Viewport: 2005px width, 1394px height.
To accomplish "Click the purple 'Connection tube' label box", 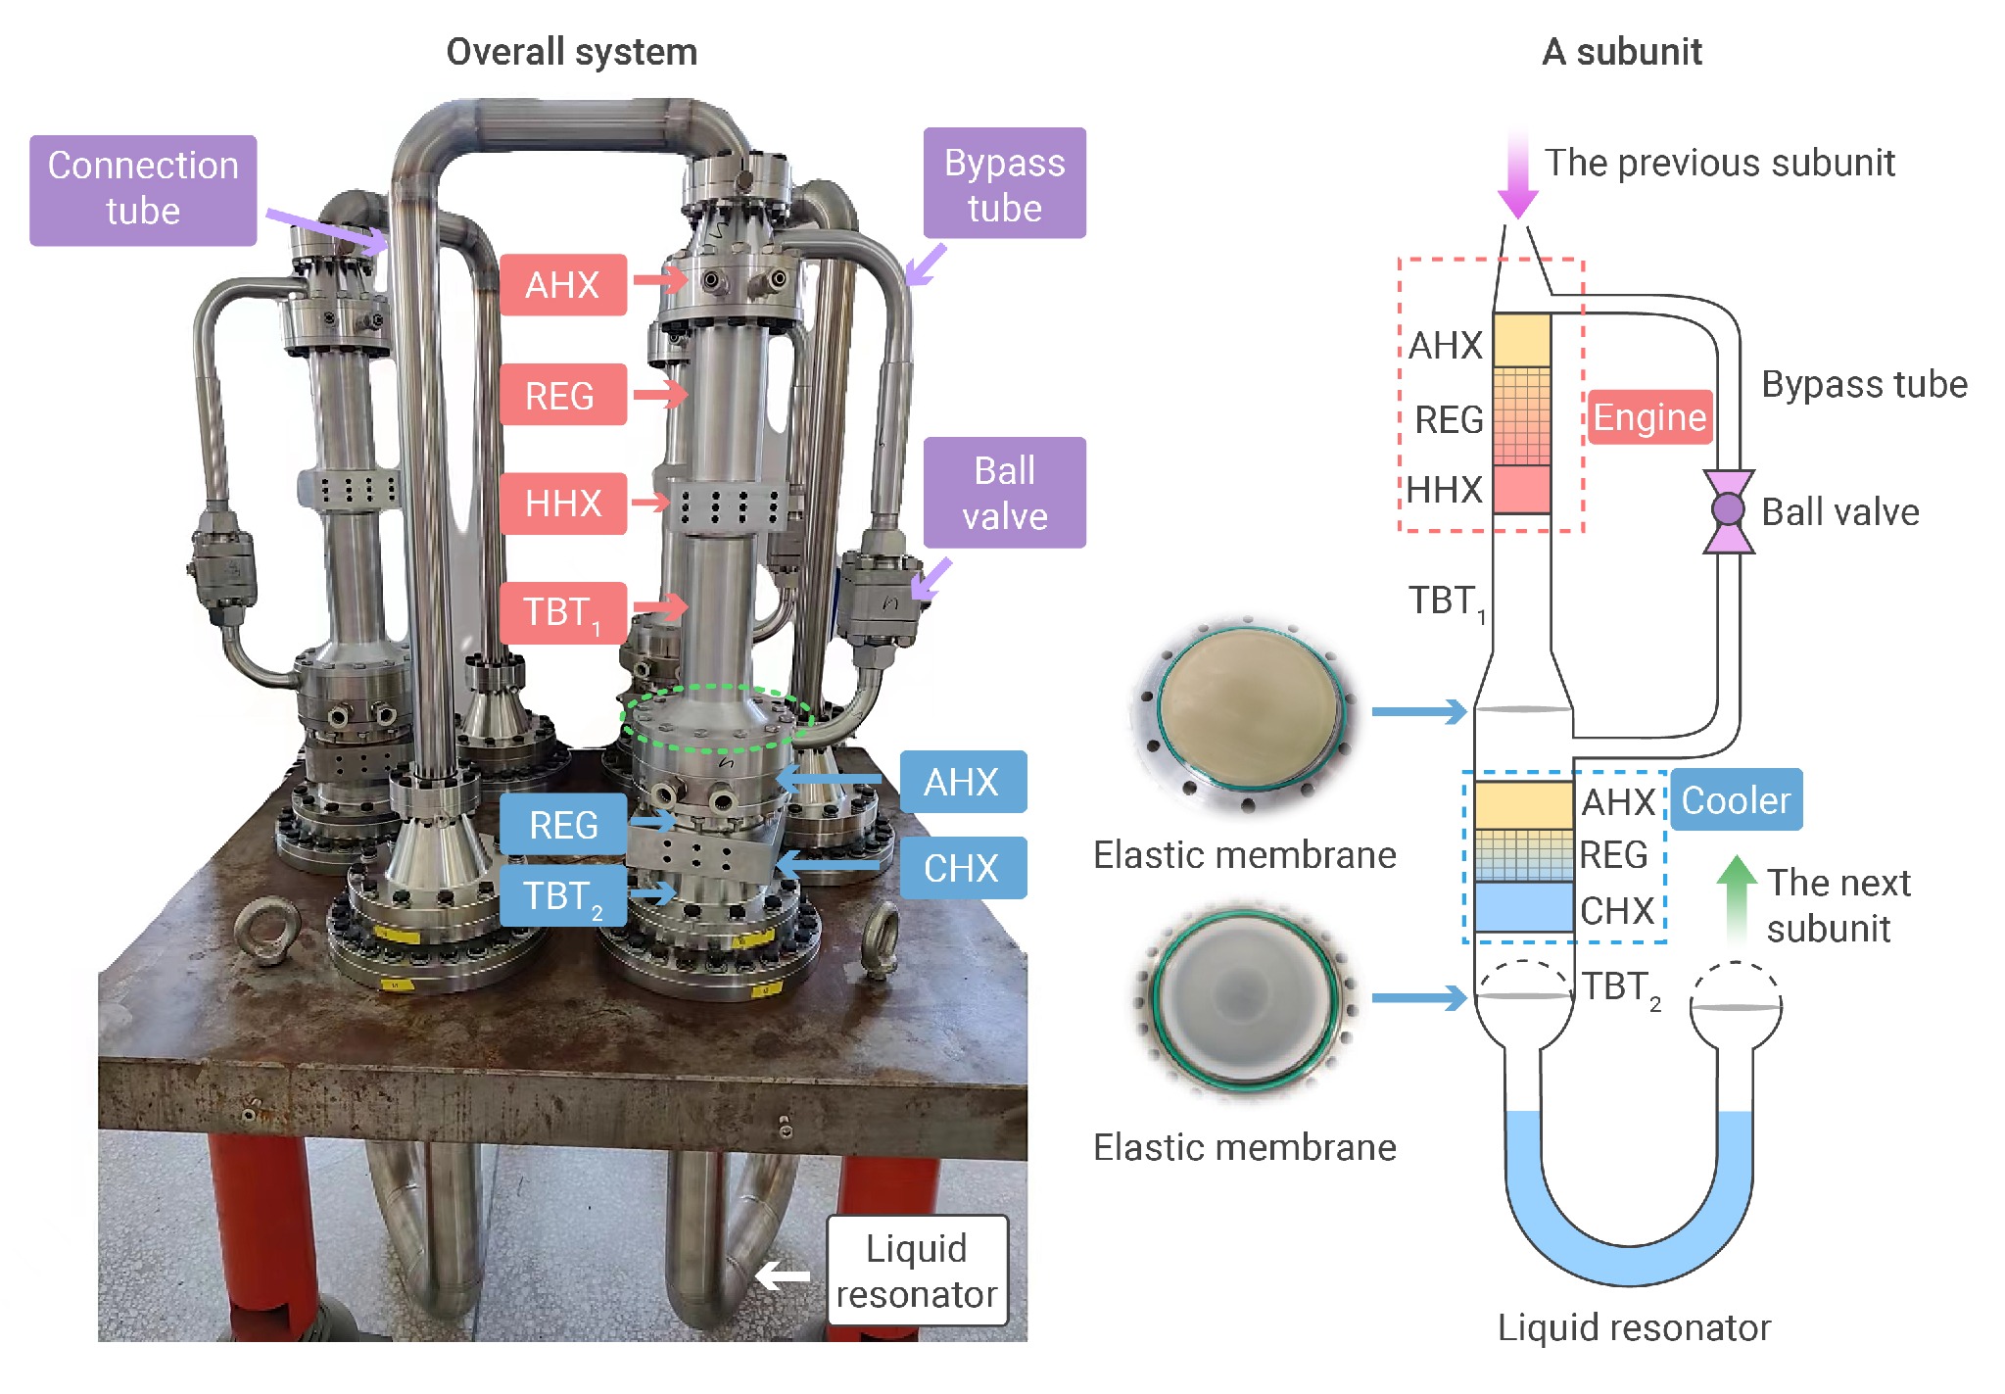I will click(x=143, y=190).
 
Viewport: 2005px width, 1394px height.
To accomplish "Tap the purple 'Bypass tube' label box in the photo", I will click(x=1004, y=183).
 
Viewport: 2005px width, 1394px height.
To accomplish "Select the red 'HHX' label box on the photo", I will click(x=562, y=504).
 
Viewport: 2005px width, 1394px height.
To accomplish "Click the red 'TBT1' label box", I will click(x=562, y=613).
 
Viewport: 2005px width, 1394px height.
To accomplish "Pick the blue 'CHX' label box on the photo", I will click(x=962, y=868).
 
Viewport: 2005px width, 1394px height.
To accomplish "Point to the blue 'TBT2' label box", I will click(x=562, y=896).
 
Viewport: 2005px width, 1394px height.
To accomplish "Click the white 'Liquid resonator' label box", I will click(x=917, y=1271).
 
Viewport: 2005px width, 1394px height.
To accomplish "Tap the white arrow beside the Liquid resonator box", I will click(x=784, y=1275).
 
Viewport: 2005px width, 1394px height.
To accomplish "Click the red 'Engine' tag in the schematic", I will click(x=1649, y=417).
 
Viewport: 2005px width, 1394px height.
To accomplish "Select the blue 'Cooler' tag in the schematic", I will click(x=1736, y=800).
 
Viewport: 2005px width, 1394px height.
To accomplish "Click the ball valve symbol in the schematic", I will click(x=1728, y=509).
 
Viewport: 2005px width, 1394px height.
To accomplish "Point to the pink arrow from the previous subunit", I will click(x=1517, y=176).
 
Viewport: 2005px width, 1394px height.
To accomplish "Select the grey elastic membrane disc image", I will click(x=1244, y=999).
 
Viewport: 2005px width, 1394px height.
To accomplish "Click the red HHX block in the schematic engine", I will click(x=1521, y=489).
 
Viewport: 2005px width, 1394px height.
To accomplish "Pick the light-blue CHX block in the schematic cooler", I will click(x=1523, y=906).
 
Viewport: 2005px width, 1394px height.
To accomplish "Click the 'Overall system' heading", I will click(x=572, y=52).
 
